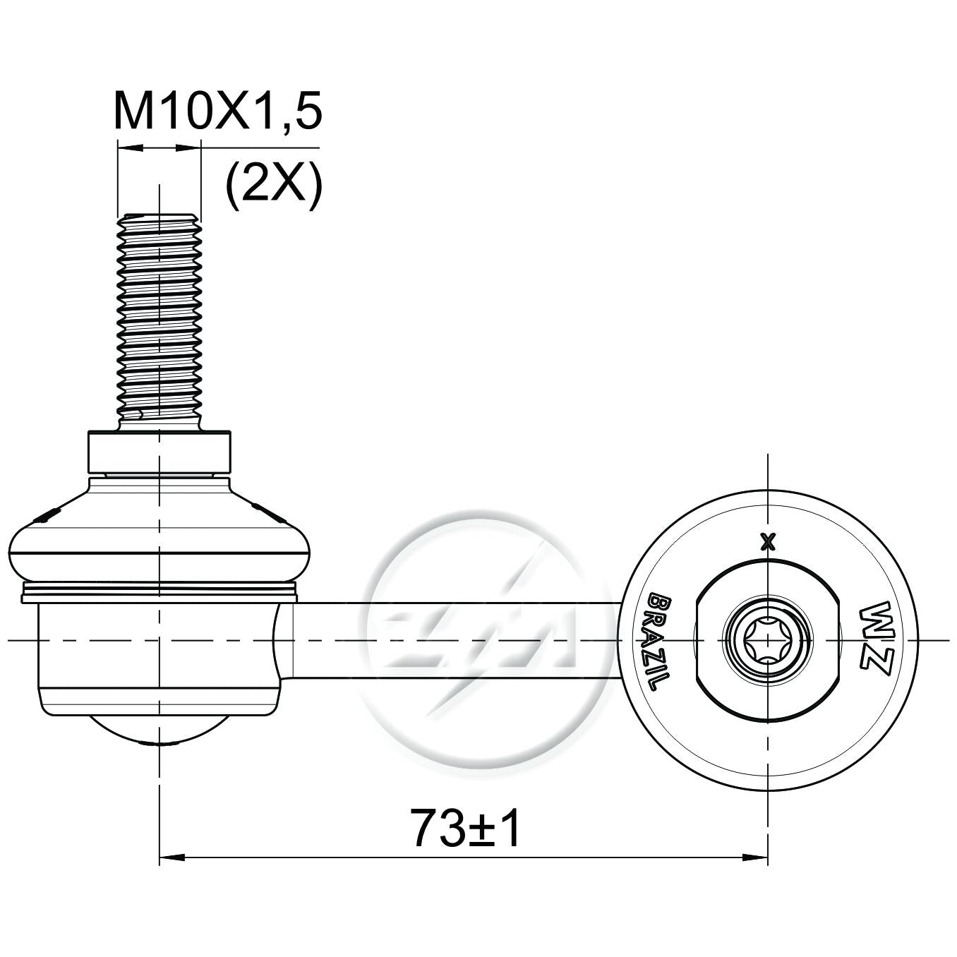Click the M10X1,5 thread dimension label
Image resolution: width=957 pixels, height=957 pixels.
(x=218, y=110)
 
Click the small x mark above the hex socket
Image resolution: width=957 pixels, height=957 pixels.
(x=769, y=542)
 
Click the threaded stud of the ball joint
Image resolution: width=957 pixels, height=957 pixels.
(x=159, y=323)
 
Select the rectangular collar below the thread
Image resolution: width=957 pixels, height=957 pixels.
(x=159, y=452)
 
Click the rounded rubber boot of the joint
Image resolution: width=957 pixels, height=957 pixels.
(x=159, y=531)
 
